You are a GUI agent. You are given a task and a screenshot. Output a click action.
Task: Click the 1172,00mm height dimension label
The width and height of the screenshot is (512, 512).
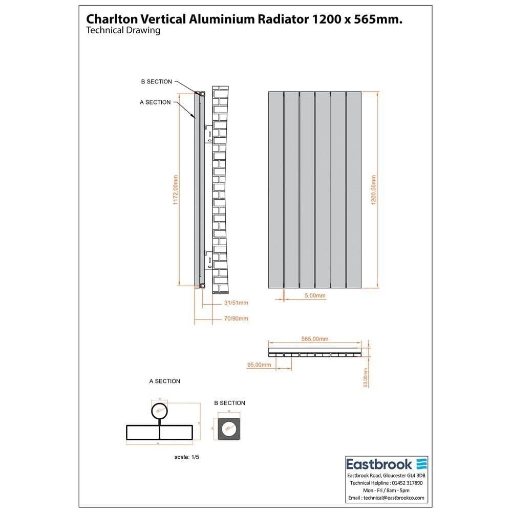(x=176, y=190)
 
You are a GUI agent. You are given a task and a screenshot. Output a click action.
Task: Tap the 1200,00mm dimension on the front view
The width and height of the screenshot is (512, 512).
(x=374, y=190)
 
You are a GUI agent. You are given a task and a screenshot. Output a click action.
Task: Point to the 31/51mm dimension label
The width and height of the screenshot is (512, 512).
(x=236, y=303)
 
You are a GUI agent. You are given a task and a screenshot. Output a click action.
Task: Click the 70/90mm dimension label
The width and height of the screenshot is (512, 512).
(x=236, y=318)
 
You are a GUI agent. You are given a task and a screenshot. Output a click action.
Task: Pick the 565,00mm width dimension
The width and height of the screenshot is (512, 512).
(x=315, y=339)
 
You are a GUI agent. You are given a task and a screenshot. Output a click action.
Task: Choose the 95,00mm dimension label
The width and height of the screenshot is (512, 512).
(x=259, y=365)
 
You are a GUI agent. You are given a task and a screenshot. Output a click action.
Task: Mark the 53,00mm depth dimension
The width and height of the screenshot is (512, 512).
(x=365, y=377)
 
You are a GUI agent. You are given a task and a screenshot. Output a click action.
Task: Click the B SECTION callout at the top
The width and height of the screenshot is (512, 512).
(x=157, y=82)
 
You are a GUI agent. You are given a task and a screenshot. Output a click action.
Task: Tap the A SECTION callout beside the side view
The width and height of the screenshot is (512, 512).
(x=155, y=102)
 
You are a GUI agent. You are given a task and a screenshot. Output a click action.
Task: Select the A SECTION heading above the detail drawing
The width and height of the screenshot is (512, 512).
(x=164, y=381)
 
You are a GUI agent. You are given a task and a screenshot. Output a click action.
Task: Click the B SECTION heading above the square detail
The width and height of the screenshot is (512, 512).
(x=229, y=403)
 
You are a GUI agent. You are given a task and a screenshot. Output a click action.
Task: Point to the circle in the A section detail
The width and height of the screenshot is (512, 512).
(x=159, y=411)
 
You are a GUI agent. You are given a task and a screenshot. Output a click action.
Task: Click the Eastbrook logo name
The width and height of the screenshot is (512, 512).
(x=379, y=464)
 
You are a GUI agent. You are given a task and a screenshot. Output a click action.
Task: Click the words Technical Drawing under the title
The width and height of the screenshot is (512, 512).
(x=123, y=31)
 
